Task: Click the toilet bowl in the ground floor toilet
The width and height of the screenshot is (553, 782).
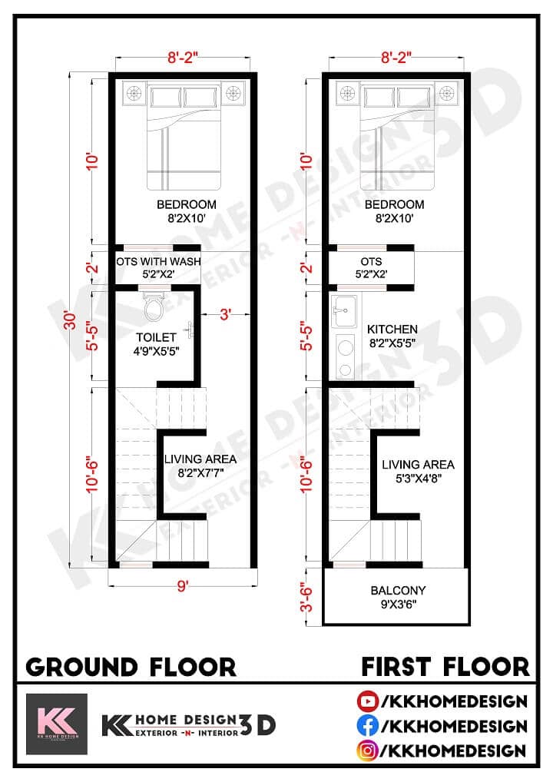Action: (154, 308)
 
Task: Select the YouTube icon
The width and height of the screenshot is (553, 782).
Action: (366, 701)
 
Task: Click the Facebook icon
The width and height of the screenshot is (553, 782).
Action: (366, 725)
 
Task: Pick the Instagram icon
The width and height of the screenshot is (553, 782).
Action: (366, 750)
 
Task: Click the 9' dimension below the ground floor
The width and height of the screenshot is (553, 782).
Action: (182, 587)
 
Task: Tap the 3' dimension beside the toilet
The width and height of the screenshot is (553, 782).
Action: (224, 313)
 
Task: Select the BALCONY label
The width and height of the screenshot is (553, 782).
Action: (398, 591)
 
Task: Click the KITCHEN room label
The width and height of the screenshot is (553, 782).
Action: (392, 329)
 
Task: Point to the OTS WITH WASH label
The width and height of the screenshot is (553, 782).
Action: (159, 261)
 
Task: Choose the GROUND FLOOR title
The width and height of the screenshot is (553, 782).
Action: (131, 666)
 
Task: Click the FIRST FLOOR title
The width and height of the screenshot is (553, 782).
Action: (445, 666)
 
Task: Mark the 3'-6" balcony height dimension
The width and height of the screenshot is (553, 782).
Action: (308, 597)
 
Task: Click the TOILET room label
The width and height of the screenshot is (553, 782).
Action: (156, 336)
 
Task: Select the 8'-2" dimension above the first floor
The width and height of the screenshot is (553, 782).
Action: (397, 56)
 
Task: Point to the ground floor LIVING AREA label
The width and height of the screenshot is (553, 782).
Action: (200, 459)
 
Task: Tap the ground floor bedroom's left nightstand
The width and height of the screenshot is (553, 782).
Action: (134, 93)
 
